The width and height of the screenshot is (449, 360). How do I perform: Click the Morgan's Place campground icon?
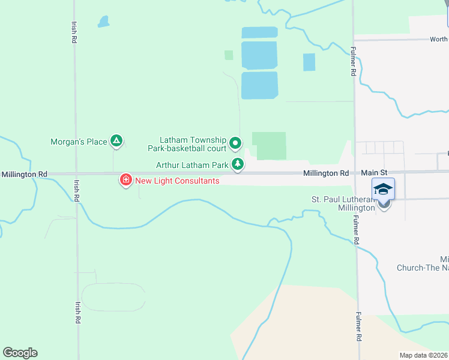(117, 142)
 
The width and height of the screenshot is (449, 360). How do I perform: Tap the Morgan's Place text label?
(79, 142)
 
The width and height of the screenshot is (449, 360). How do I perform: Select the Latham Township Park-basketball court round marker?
(236, 143)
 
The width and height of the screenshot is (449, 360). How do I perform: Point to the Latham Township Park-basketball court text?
(187, 143)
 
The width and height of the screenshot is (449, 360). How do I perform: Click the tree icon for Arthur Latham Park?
(238, 164)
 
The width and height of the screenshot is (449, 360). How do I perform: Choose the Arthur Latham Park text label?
(191, 164)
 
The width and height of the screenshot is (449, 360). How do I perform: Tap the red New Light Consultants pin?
(126, 179)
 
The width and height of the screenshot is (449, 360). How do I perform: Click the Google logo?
(20, 352)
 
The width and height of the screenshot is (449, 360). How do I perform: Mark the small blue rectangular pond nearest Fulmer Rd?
(309, 62)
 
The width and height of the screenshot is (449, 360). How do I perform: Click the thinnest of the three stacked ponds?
(259, 32)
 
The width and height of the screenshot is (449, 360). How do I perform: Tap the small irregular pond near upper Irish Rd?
(104, 22)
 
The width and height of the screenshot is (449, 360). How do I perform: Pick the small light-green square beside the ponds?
(229, 55)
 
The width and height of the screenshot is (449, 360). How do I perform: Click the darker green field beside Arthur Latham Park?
(270, 146)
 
